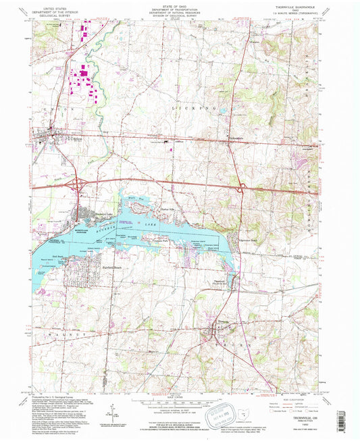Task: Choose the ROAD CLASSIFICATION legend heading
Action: pos(300,397)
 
